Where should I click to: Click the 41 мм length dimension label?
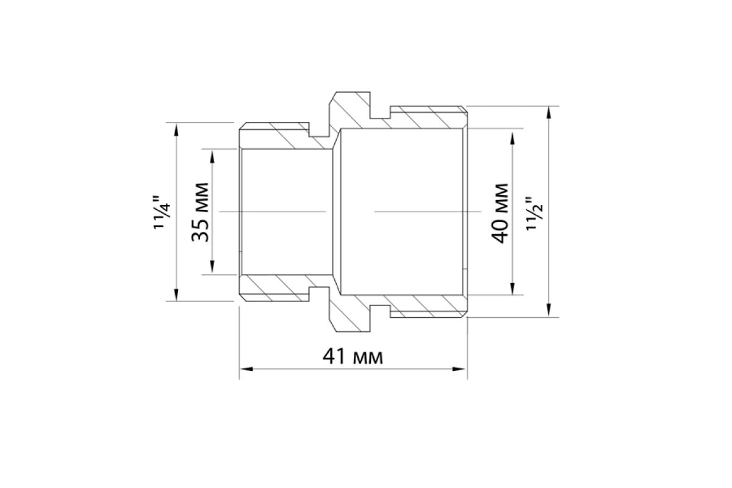(353, 357)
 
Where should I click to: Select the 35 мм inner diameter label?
(200, 212)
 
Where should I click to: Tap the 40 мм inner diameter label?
(500, 213)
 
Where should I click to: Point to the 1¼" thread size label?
(162, 212)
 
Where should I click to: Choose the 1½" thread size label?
(534, 213)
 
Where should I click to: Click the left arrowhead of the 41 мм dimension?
(246, 369)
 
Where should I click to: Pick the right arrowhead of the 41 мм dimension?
(459, 369)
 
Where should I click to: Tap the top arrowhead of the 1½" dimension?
(548, 113)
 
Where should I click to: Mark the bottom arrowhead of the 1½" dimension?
(548, 310)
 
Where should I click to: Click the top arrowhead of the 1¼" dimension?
(176, 129)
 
